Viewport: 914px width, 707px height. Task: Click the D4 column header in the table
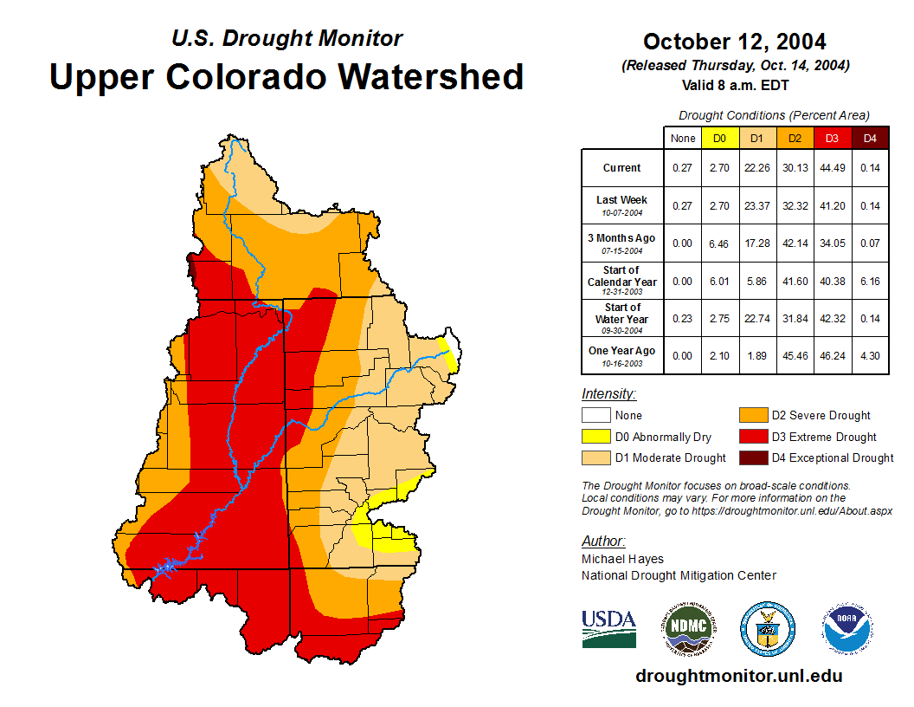[x=870, y=138]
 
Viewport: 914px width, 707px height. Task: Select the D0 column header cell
[x=719, y=138]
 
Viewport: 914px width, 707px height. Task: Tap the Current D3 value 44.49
[x=832, y=168]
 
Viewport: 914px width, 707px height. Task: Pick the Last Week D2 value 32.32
[x=795, y=205]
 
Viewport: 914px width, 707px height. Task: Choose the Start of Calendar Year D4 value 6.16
[x=870, y=281]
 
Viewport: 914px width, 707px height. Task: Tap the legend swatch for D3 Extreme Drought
[x=752, y=437]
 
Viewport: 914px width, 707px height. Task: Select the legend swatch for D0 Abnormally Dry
[x=595, y=437]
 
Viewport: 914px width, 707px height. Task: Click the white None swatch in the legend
[x=595, y=416]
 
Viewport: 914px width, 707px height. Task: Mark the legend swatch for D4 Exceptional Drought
[x=752, y=457]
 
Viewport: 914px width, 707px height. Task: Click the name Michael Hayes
[x=622, y=559]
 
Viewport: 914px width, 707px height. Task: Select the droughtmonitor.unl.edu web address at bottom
[x=738, y=676]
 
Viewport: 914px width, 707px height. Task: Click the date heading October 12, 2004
[x=734, y=42]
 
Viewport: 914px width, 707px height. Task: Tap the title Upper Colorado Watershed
[x=286, y=76]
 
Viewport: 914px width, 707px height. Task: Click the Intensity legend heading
[x=608, y=394]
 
